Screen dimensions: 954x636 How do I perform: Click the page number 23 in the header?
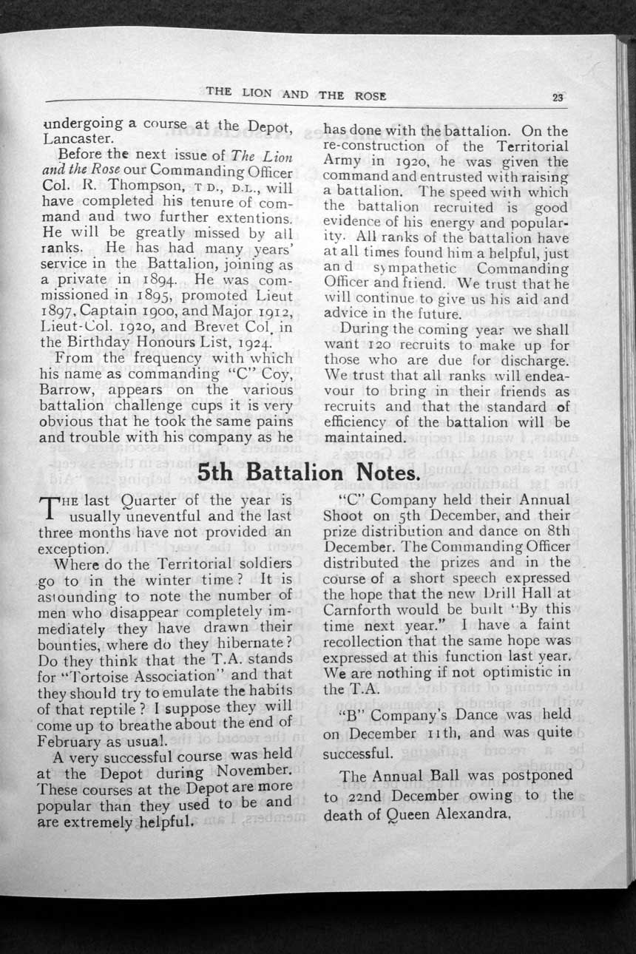point(558,96)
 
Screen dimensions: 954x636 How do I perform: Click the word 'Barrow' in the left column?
point(65,389)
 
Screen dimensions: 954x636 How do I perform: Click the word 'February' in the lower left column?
point(67,740)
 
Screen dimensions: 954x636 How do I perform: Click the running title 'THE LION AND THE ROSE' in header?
point(296,94)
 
